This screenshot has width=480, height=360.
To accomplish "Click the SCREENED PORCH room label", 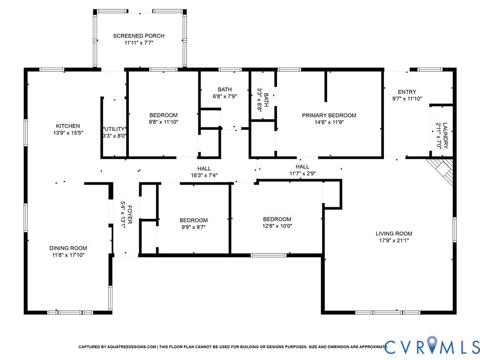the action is pyautogui.click(x=139, y=36).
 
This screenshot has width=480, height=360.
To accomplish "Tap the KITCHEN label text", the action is pyautogui.click(x=68, y=126).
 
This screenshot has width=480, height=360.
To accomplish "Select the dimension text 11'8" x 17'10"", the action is pyautogui.click(x=68, y=255).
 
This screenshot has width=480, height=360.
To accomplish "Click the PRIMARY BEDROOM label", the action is pyautogui.click(x=329, y=115).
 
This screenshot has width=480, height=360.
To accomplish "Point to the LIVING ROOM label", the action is pyautogui.click(x=394, y=233).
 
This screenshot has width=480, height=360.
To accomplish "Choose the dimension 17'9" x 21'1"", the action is pyautogui.click(x=394, y=240).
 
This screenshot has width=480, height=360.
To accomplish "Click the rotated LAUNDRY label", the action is pyautogui.click(x=445, y=135).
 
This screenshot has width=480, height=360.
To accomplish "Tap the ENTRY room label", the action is pyautogui.click(x=407, y=92).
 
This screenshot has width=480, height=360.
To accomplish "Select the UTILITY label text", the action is pyautogui.click(x=114, y=129).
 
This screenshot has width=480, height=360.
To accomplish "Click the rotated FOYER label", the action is pyautogui.click(x=130, y=215).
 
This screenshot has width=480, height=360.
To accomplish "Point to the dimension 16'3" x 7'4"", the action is pyautogui.click(x=204, y=175).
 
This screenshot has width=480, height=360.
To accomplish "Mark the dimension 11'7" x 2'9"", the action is pyautogui.click(x=302, y=173).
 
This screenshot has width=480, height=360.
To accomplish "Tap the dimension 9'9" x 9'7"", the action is pyautogui.click(x=194, y=227).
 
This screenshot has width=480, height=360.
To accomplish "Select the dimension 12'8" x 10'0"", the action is pyautogui.click(x=277, y=226).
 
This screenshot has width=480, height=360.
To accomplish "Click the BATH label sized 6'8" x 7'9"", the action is pyautogui.click(x=225, y=90).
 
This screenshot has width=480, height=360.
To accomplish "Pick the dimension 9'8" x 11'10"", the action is pyautogui.click(x=164, y=122).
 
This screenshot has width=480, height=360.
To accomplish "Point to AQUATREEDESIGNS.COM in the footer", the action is pyautogui.click(x=132, y=347).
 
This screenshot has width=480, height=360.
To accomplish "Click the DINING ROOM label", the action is pyautogui.click(x=68, y=248).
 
